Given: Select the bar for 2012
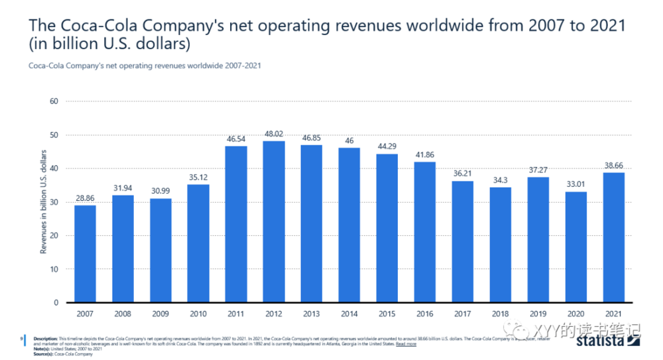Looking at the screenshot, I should click(x=274, y=221).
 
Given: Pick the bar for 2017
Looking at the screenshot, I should click(x=463, y=241).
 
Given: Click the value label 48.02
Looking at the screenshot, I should click(x=274, y=133).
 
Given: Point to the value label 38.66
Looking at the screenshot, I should click(x=614, y=164).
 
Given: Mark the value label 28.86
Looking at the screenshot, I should click(x=85, y=198).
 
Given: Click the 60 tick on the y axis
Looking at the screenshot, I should click(x=55, y=101).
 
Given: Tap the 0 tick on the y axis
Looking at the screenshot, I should click(x=57, y=303).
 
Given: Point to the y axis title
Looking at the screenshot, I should click(x=44, y=202).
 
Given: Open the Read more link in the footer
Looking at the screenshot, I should click(x=406, y=344).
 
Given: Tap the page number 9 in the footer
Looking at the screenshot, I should click(x=23, y=339).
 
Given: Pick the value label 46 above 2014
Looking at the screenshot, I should click(x=349, y=141).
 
